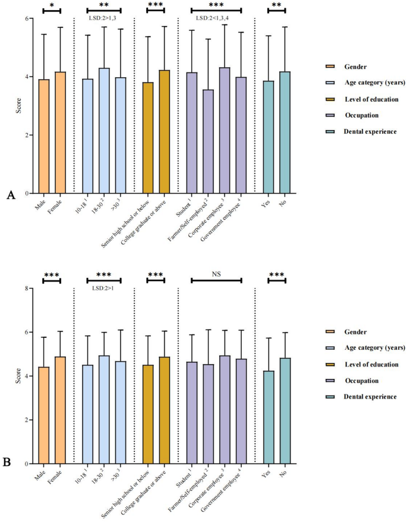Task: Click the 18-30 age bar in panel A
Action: [x=104, y=131]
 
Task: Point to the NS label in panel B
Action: [x=216, y=275]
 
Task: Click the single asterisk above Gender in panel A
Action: [x=52, y=5]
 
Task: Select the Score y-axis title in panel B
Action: [x=12, y=376]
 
